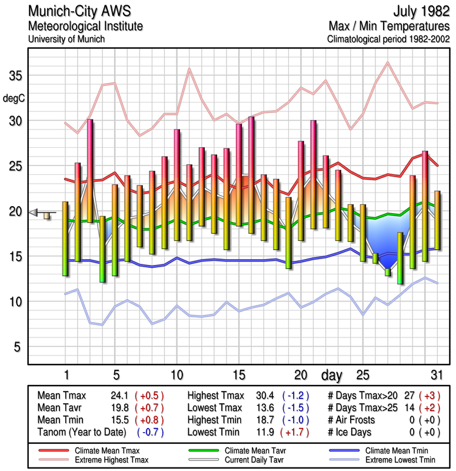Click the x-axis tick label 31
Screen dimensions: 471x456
pyautogui.click(x=435, y=375)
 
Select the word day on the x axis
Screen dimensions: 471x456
pyautogui.click(x=333, y=375)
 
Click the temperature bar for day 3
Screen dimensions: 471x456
pyautogui.click(x=90, y=171)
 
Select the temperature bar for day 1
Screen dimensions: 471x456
pyautogui.click(x=65, y=238)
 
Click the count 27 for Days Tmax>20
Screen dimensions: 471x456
pyautogui.click(x=411, y=395)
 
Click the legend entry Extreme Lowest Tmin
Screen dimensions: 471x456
pyautogui.click(x=400, y=459)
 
